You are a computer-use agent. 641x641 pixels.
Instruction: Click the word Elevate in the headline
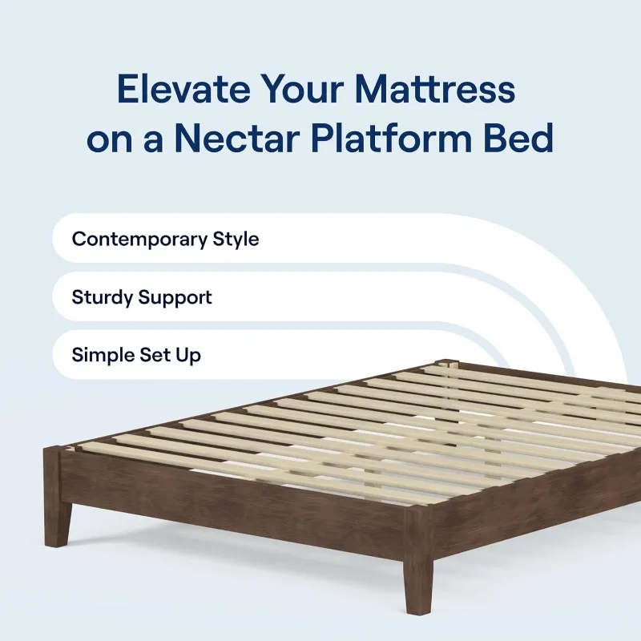(183, 89)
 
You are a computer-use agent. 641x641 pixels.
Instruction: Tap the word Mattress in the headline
(435, 89)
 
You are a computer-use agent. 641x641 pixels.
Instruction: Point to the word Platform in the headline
(391, 139)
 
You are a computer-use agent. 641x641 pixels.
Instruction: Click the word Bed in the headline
(518, 138)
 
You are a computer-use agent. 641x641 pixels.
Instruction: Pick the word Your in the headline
(302, 89)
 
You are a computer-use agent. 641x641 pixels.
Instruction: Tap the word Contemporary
(139, 240)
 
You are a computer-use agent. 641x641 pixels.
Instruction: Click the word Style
(236, 239)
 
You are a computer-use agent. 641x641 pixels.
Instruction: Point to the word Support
(175, 298)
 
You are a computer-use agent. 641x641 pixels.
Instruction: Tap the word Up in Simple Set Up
(188, 356)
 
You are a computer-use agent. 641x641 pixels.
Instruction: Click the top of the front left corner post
(52, 449)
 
